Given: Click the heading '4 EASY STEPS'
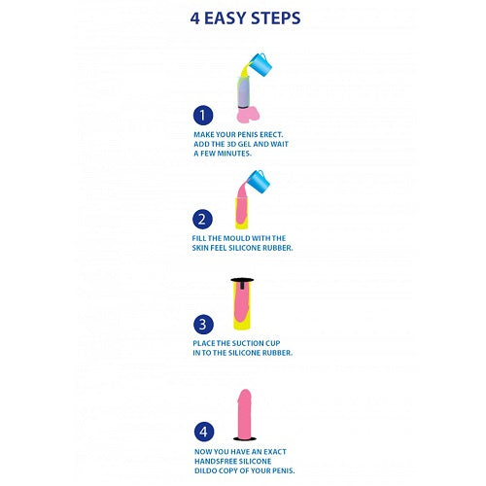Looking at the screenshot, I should (243, 17).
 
